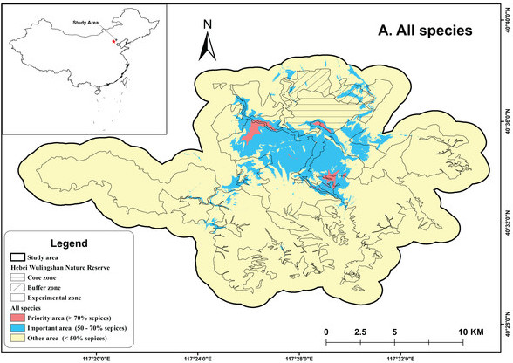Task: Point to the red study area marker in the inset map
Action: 113,38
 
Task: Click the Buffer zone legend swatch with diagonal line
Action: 19,286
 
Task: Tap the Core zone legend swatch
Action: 19,276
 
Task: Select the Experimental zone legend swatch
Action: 19,297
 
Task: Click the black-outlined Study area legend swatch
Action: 19,257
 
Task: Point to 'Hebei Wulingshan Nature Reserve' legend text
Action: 61,266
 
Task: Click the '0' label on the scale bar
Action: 325,332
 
